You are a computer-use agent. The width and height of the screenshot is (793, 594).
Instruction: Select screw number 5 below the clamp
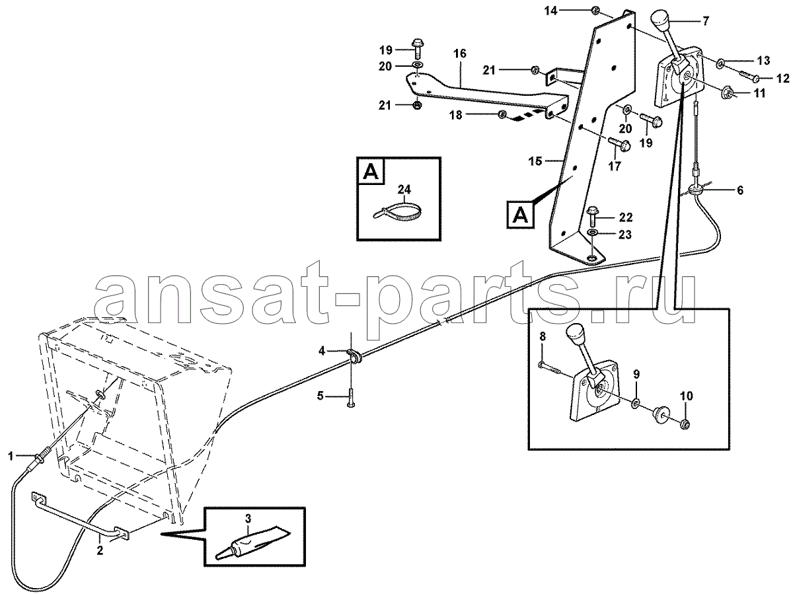point(351,397)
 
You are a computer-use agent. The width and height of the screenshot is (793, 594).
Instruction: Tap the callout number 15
point(535,161)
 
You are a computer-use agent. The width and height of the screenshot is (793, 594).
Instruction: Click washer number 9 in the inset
point(636,402)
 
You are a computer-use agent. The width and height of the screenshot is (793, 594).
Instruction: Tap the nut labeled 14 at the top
point(596,11)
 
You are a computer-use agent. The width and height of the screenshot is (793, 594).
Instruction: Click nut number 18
point(502,114)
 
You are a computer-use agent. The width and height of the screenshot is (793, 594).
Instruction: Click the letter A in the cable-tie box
point(371,172)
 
